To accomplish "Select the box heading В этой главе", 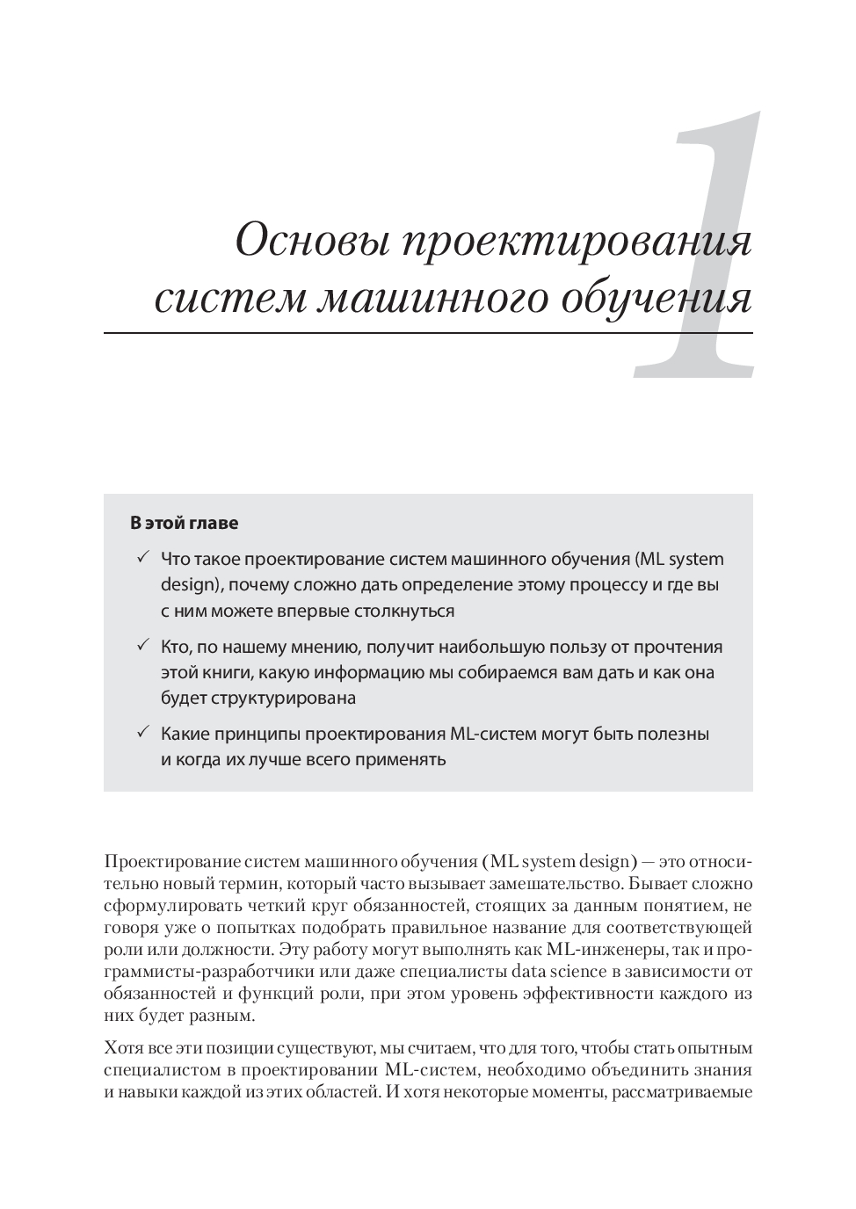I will click(x=185, y=523).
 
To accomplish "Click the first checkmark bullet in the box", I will click(x=142, y=558).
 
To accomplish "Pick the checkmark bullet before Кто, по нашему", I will click(x=142, y=646).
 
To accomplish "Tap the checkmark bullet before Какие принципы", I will click(x=142, y=733).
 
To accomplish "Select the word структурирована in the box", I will click(x=283, y=699).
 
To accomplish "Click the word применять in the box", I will click(x=400, y=759).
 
